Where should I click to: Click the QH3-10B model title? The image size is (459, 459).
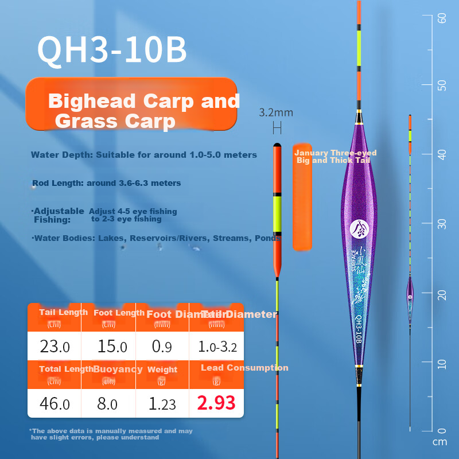point(112,50)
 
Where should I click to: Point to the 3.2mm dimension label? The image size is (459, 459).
point(276,112)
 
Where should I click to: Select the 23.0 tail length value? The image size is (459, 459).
point(55,347)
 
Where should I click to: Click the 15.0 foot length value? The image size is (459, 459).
point(109,347)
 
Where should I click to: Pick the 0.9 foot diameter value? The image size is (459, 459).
point(162,347)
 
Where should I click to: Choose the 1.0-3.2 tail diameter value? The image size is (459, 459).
point(216,347)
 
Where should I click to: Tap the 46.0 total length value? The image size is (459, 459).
point(55,404)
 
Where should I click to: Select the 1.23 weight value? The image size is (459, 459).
point(162,404)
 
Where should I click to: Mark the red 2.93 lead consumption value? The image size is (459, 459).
point(216,403)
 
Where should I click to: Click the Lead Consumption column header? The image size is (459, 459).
point(244,368)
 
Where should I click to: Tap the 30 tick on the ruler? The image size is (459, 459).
point(442,224)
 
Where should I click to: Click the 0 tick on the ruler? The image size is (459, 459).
point(442,431)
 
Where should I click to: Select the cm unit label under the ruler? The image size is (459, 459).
point(439,442)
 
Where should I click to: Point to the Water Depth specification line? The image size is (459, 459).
point(144,155)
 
